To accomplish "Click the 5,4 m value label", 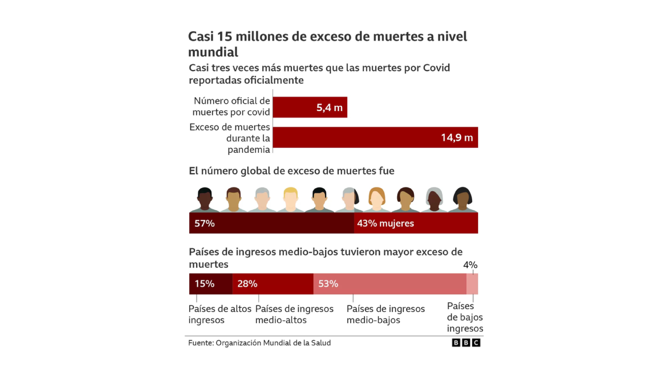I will click(329, 107).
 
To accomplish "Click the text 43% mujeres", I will click(385, 223).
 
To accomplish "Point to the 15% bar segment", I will click(211, 284).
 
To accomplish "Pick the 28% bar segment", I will click(273, 284).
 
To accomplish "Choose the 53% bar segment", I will click(390, 284).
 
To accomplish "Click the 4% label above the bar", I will click(470, 265).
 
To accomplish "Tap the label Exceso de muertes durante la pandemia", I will click(230, 138).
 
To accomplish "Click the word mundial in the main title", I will click(213, 52).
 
